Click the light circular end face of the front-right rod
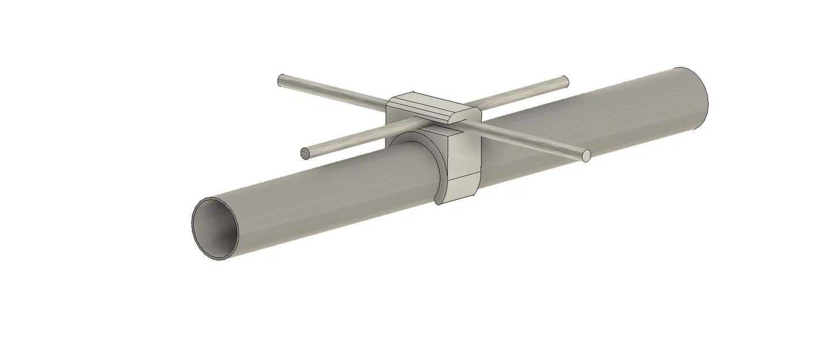point(587,155)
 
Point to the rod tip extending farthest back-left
point(281,79)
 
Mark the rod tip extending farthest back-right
point(565,81)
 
